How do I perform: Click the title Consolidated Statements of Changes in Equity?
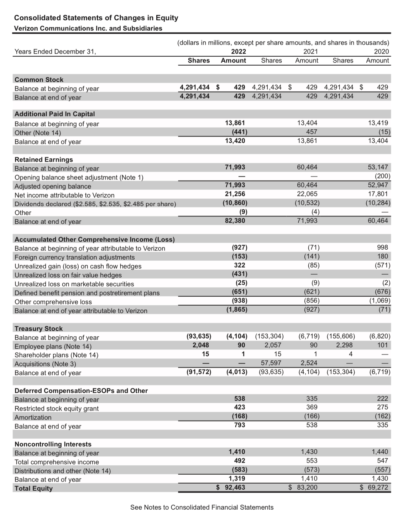pyautogui.click(x=96, y=18)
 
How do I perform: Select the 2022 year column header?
pyautogui.click(x=238, y=51)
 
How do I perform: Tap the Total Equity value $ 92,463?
pyautogui.click(x=231, y=487)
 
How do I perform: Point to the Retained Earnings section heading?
pyautogui.click(x=43, y=159)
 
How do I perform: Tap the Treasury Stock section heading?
pyautogui.click(x=38, y=328)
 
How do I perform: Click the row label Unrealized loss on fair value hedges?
pyautogui.click(x=68, y=275)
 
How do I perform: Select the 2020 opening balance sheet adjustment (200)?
pyautogui.click(x=382, y=176)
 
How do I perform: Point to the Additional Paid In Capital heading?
pyautogui.click(x=54, y=114)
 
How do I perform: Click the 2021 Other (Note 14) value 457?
pyautogui.click(x=312, y=132)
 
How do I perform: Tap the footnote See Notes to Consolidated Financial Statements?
pyautogui.click(x=202, y=507)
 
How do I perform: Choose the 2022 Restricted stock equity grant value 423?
pyautogui.click(x=240, y=407)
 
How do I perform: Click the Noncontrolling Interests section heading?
pyautogui.click(x=53, y=444)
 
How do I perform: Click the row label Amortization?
pyautogui.click(x=33, y=417)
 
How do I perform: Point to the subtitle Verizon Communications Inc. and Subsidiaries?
pyautogui.click(x=88, y=28)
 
